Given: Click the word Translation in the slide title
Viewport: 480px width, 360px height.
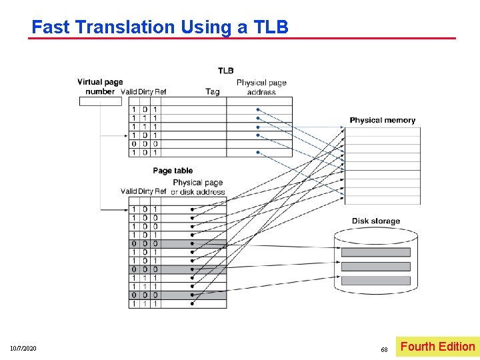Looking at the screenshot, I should [x=125, y=27].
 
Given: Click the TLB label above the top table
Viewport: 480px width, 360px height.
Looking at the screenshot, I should [x=225, y=71].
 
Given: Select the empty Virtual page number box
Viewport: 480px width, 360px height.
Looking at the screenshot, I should [x=100, y=101].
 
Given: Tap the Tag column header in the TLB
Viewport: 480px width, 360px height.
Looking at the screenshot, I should [x=213, y=92].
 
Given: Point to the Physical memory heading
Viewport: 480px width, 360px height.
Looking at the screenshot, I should [x=382, y=120].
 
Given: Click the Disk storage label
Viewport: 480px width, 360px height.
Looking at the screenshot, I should [x=376, y=221].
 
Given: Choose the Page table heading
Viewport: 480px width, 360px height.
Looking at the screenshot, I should [x=172, y=171].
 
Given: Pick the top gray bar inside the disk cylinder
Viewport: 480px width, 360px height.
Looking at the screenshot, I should [x=375, y=253].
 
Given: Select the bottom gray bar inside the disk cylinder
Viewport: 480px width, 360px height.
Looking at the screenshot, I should [x=375, y=280].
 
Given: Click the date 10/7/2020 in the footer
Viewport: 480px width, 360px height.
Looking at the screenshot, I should [x=23, y=349].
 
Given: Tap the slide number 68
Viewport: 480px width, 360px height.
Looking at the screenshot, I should [x=384, y=349].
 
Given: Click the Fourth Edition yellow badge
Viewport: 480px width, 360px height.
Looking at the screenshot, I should [x=437, y=347].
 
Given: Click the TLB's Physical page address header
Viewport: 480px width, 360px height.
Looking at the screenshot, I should [x=261, y=87].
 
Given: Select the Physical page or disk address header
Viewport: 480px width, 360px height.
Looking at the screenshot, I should [x=197, y=187].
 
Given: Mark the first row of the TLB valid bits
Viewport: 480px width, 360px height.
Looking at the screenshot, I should [x=133, y=109].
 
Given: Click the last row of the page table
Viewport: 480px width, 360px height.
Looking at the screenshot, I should [x=177, y=303].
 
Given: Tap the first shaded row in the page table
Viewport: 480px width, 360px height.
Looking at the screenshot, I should [x=177, y=244].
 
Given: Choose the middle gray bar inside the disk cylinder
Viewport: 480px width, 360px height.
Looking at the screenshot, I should [x=375, y=267].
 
